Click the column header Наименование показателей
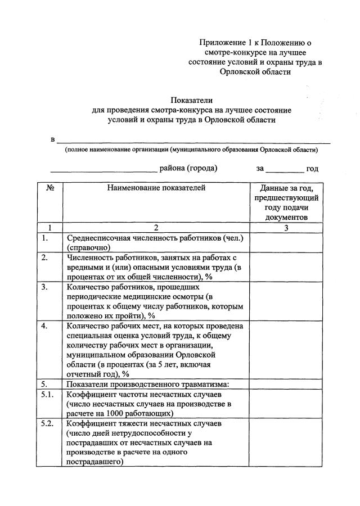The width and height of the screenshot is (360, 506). (x=156, y=188)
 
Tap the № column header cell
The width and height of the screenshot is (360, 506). (x=49, y=188)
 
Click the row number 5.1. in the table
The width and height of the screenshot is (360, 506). (x=48, y=395)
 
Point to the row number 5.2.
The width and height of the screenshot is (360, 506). (x=48, y=422)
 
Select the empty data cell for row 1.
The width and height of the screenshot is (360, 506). (x=286, y=242)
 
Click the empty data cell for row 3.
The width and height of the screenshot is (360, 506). (x=286, y=301)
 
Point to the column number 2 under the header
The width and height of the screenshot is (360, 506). (x=156, y=228)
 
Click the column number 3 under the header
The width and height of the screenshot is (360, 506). (x=286, y=228)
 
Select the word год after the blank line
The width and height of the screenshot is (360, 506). (x=312, y=168)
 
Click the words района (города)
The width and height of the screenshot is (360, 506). (x=188, y=168)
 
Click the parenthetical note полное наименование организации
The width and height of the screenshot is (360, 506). (x=191, y=150)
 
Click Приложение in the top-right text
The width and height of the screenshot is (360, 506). (x=223, y=42)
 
